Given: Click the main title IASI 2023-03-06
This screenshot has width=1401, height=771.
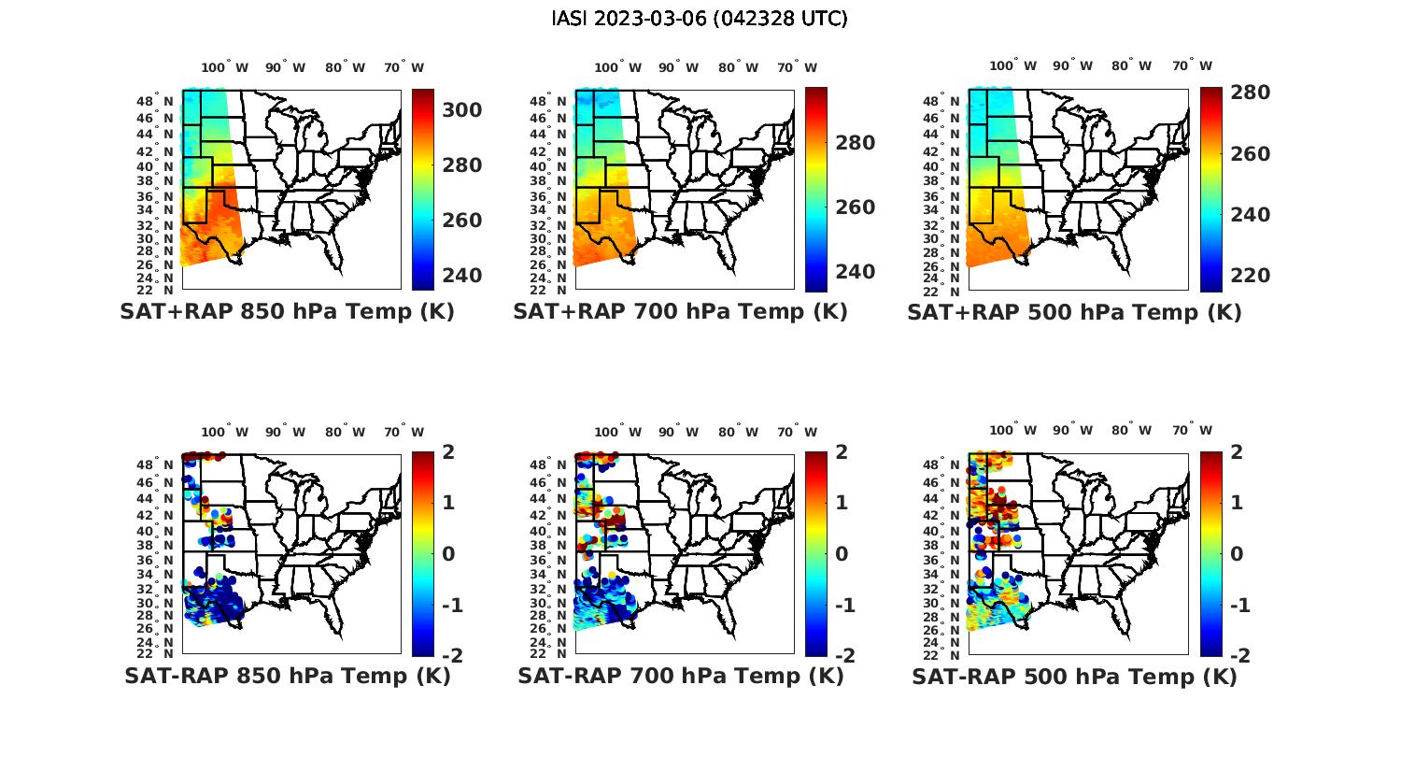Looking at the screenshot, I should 700,19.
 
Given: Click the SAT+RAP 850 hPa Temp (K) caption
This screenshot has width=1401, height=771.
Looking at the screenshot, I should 287,312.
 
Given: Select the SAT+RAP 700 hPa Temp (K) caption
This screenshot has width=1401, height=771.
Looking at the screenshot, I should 680,312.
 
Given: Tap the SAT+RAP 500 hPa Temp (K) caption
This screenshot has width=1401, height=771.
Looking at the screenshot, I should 1074,312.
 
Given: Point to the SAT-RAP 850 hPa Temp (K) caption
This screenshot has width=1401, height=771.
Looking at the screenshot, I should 287,677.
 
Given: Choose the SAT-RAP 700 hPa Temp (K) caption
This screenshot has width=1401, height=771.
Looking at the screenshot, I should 680,677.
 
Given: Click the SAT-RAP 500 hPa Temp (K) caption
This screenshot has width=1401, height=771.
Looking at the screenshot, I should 1074,677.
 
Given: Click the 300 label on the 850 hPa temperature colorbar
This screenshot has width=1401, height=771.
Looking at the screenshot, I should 462,110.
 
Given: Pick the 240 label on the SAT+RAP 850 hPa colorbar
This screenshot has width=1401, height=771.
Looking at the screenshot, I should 462,276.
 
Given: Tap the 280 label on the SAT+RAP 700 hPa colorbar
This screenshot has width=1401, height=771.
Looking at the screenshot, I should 856,143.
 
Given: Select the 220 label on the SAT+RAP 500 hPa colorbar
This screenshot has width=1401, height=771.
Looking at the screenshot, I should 1250,276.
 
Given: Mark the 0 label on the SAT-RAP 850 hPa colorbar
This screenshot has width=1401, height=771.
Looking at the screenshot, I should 447,554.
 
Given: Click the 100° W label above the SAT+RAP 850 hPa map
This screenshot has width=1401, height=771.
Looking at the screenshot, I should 225,67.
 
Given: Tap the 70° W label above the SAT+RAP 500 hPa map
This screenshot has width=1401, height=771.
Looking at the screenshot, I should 1192,66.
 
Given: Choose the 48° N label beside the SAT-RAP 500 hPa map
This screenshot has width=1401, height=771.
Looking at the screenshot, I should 947,464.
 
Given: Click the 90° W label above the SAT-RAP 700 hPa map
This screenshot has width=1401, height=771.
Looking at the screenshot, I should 679,432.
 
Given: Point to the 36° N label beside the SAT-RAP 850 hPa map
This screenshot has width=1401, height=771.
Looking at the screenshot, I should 159,560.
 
